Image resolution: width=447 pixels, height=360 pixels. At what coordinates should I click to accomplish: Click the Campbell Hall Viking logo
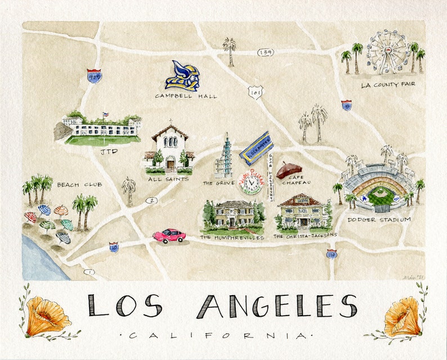pyautogui.click(x=182, y=76)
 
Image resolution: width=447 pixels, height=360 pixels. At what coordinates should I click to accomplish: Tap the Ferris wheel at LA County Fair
pyautogui.click(x=388, y=51)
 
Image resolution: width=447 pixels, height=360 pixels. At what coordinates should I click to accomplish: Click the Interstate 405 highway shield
pyautogui.click(x=94, y=76)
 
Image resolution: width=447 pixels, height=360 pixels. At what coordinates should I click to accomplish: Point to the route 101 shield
pyautogui.click(x=257, y=92)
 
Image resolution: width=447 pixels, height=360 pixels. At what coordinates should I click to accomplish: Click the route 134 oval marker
pyautogui.click(x=265, y=52)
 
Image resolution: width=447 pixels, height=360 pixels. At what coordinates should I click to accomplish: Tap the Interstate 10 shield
pyautogui.click(x=114, y=246)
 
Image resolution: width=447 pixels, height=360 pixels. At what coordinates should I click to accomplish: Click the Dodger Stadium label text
pyautogui.click(x=379, y=219)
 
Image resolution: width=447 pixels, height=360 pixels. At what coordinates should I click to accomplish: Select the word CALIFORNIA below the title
pyautogui.click(x=219, y=335)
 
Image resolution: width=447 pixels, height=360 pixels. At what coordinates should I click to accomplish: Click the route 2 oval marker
pyautogui.click(x=150, y=200)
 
